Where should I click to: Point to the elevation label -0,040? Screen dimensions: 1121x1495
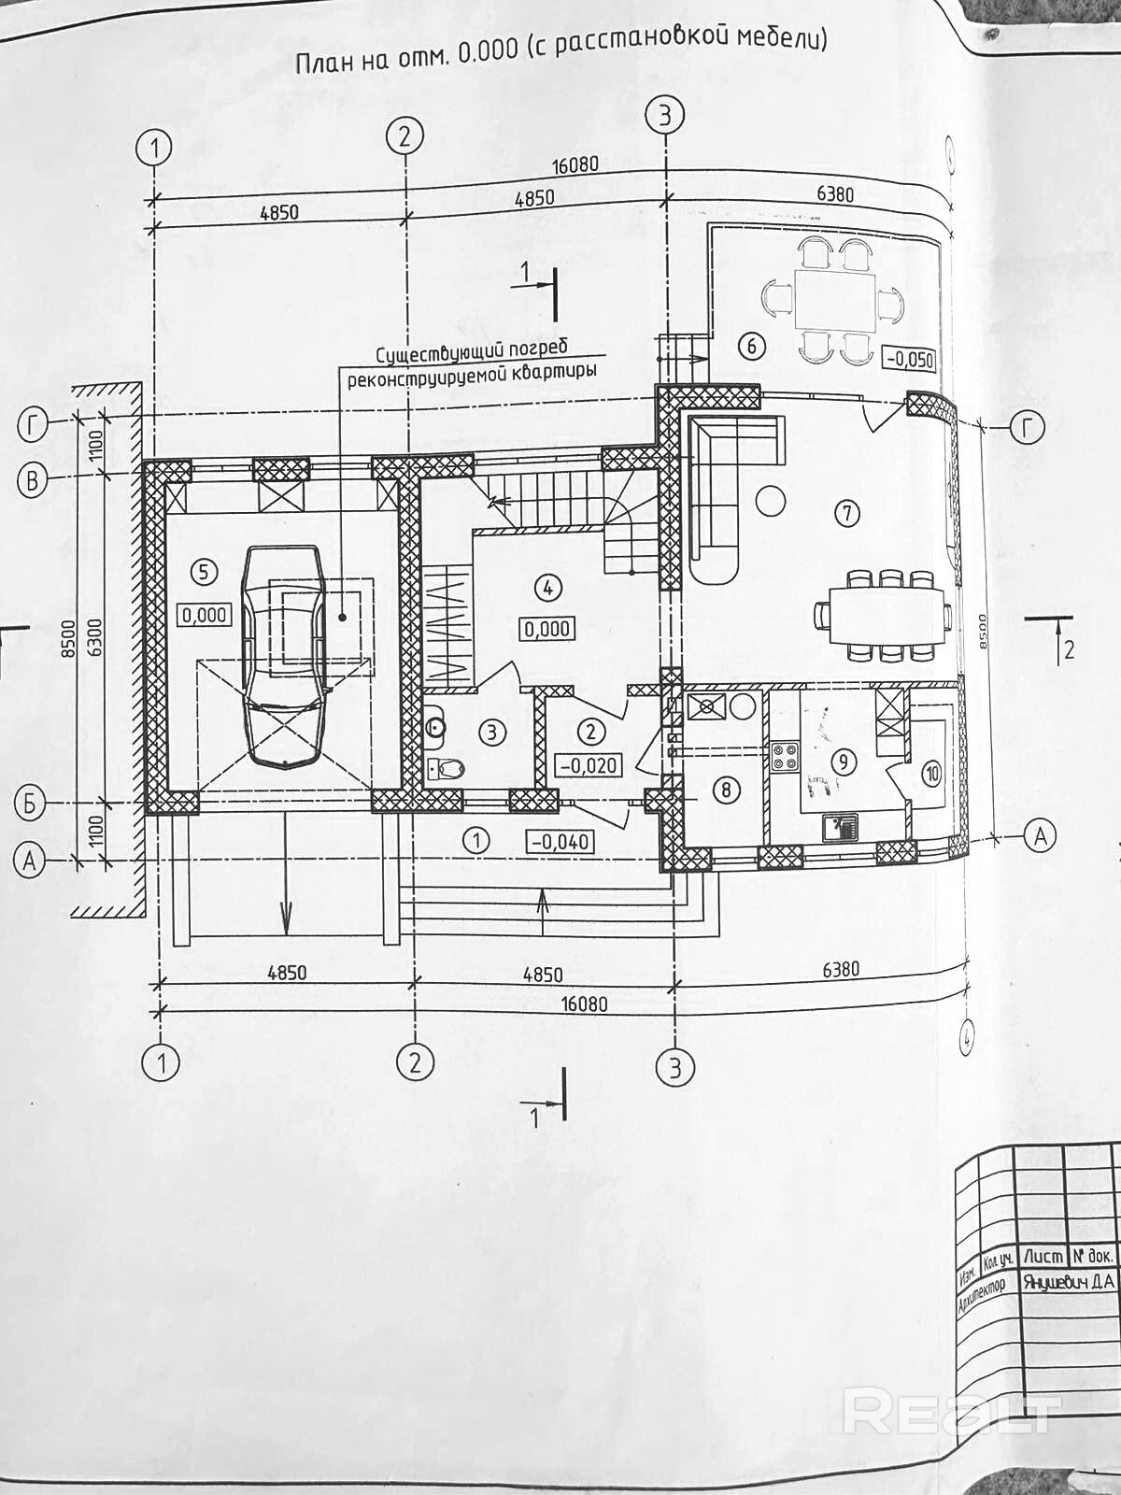[560, 841]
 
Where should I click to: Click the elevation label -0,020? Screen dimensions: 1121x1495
[588, 765]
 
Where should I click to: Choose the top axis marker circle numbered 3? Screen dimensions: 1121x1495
[664, 117]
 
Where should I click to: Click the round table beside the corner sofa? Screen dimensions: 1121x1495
[771, 502]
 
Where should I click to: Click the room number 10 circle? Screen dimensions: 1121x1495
[930, 773]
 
